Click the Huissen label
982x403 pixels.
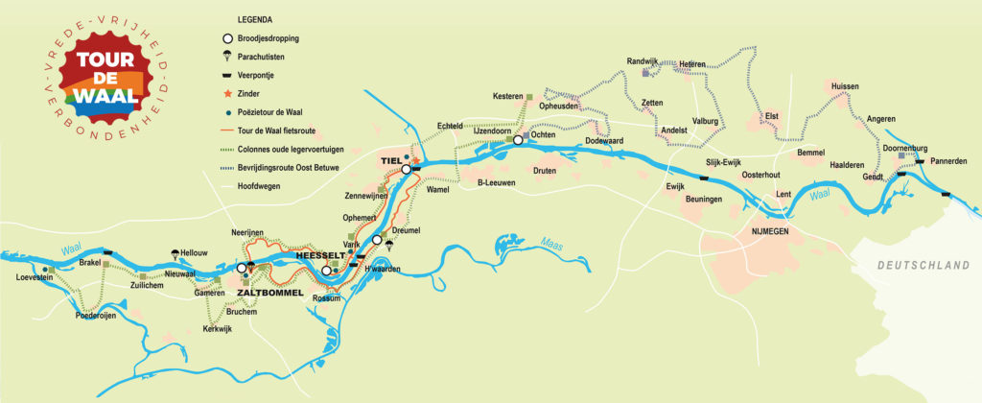coord(845,86)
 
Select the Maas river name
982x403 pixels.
coord(551,242)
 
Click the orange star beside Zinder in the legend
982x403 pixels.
coord(227,94)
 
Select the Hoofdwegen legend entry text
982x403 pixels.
coord(258,185)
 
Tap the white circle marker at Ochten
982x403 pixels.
coord(518,140)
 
